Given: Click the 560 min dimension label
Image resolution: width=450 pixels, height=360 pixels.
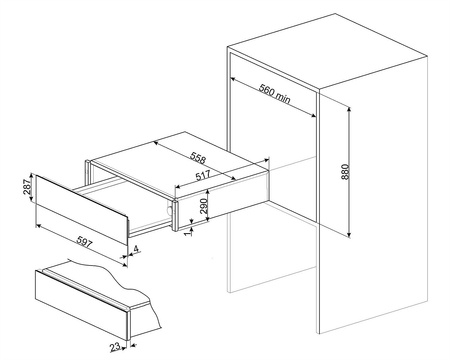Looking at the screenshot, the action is (275, 93).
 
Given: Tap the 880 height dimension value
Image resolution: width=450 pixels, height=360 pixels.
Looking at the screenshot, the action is (345, 172).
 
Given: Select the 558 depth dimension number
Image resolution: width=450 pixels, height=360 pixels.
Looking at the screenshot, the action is (198, 158).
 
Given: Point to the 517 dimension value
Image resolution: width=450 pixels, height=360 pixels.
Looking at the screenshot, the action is (203, 176).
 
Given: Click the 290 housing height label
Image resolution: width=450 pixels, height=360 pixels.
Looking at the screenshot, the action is (204, 206).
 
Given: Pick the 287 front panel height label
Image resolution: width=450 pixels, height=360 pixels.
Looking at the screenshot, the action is (27, 187).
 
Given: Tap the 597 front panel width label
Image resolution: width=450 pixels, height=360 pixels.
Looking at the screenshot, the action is (84, 241).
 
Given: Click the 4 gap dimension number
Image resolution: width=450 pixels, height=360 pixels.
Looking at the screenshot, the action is (136, 248).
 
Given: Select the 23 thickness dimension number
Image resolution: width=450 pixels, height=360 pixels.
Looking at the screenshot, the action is (115, 347).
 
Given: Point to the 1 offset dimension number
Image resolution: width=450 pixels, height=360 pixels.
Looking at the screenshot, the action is (189, 233).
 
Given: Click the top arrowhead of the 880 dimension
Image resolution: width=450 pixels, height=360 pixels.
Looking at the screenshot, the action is (349, 109).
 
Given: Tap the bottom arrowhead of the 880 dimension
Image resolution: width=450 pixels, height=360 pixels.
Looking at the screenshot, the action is (349, 235).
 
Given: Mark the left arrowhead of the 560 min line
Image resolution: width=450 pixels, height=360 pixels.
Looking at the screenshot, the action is (233, 79).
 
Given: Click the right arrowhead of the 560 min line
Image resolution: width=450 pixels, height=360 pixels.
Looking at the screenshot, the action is (313, 116).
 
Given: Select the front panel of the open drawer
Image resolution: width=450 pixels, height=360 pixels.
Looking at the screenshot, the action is (82, 209).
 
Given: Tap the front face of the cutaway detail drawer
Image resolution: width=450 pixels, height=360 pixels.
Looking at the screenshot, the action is (82, 305).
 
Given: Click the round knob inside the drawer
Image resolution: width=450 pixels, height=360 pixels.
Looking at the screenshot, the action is (170, 210).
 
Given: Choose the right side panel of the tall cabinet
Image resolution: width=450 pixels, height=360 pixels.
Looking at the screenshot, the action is (373, 194).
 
